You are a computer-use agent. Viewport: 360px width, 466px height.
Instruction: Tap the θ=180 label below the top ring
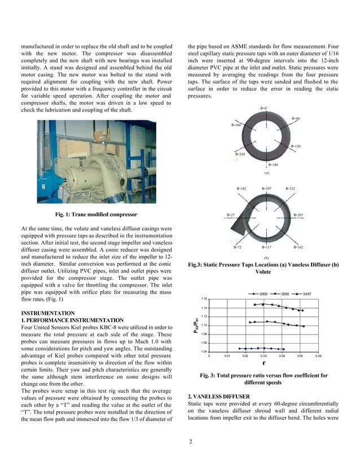point(271,165)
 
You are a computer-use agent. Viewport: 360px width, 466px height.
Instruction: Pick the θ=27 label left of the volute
point(231,215)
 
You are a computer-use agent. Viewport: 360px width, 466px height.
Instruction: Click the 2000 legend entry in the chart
point(261,294)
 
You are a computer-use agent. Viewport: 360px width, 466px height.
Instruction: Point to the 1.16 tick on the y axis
point(204,298)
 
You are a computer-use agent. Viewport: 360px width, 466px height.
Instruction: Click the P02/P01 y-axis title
point(196,326)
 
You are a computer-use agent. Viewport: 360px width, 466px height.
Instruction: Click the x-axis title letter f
point(264,363)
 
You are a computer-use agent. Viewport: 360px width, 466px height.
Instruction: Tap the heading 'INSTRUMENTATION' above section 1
point(47,313)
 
